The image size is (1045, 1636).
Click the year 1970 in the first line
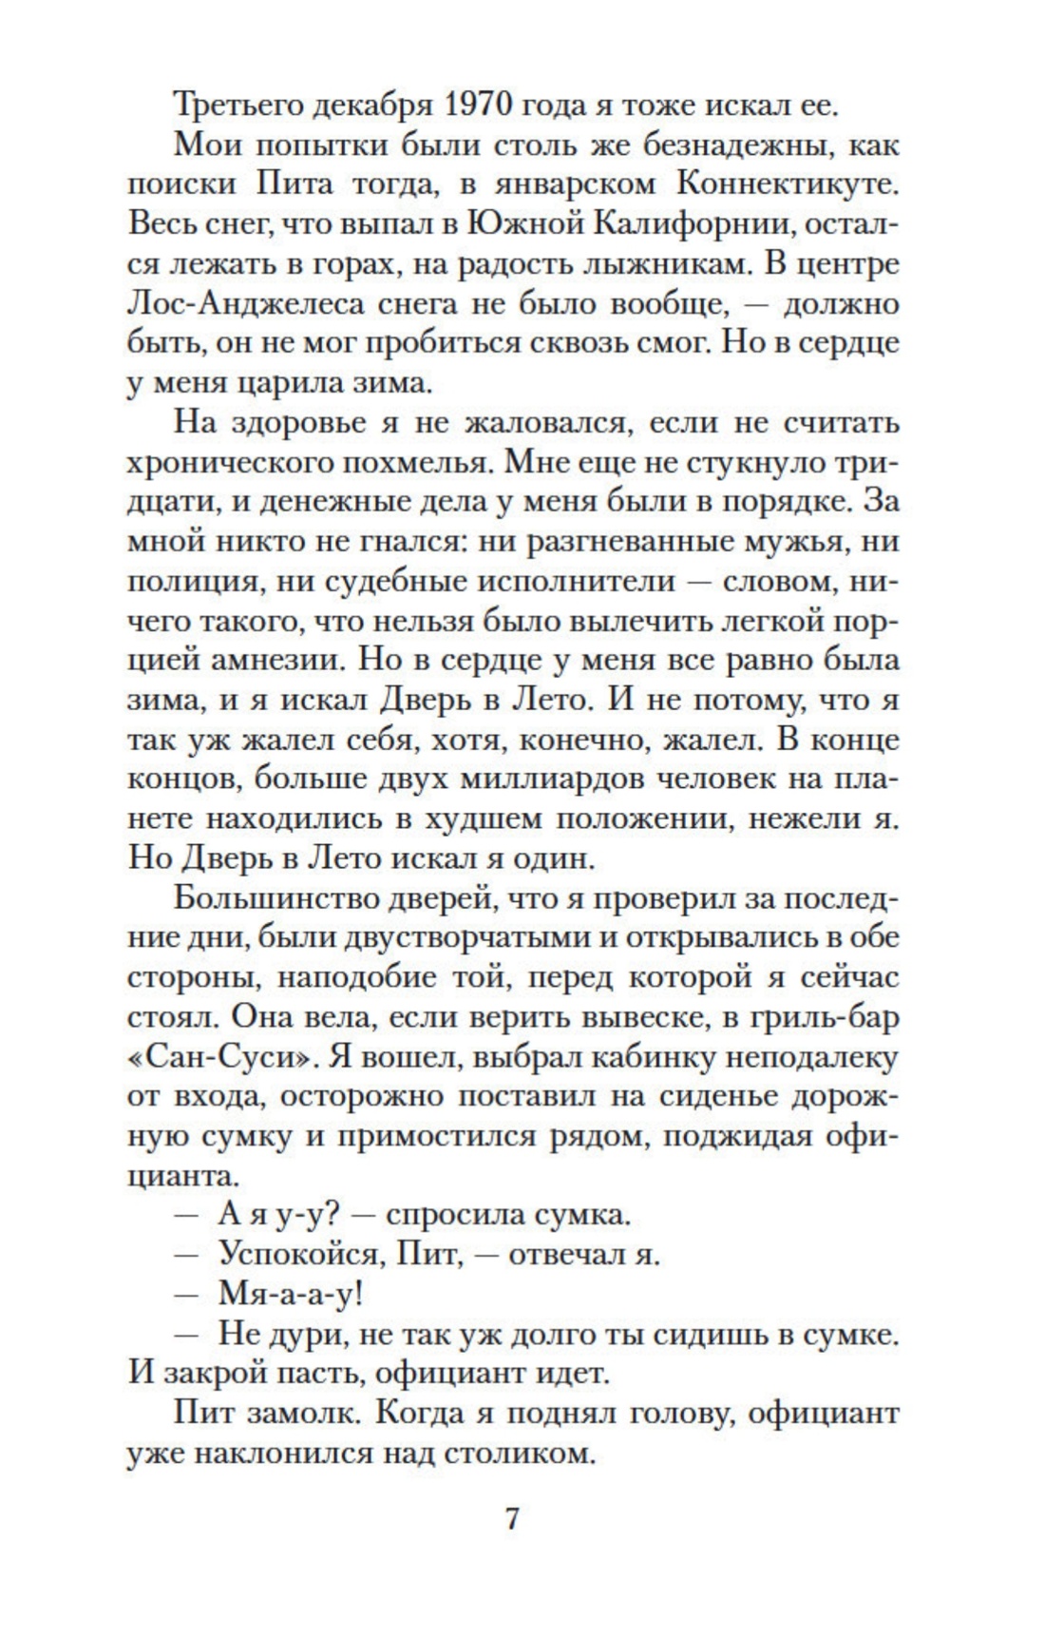click(x=484, y=105)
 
